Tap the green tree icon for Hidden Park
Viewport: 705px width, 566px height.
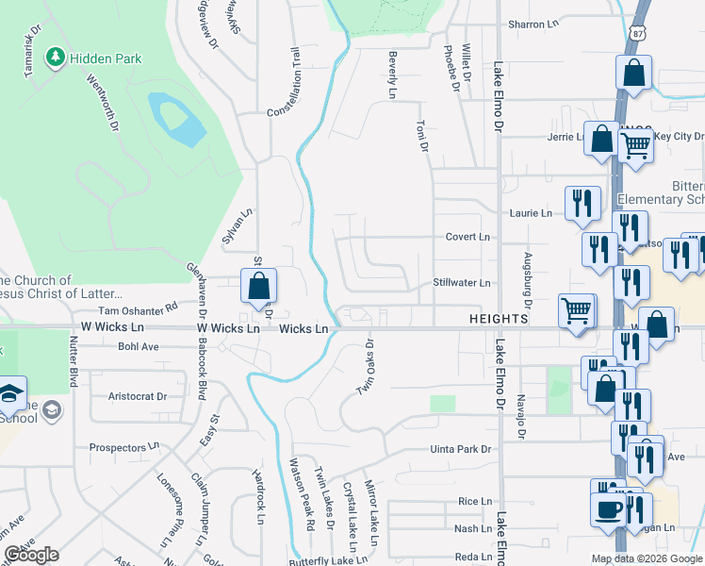56,58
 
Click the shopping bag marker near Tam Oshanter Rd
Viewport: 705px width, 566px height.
257,287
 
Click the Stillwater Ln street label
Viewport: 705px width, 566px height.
462,282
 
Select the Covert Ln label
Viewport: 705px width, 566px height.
468,237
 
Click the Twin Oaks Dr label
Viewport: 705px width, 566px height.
365,367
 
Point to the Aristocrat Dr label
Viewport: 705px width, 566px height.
138,396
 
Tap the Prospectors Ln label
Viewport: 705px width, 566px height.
124,447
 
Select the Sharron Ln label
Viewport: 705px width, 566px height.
533,25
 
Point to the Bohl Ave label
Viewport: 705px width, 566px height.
139,346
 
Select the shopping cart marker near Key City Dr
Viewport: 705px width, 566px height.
636,145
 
